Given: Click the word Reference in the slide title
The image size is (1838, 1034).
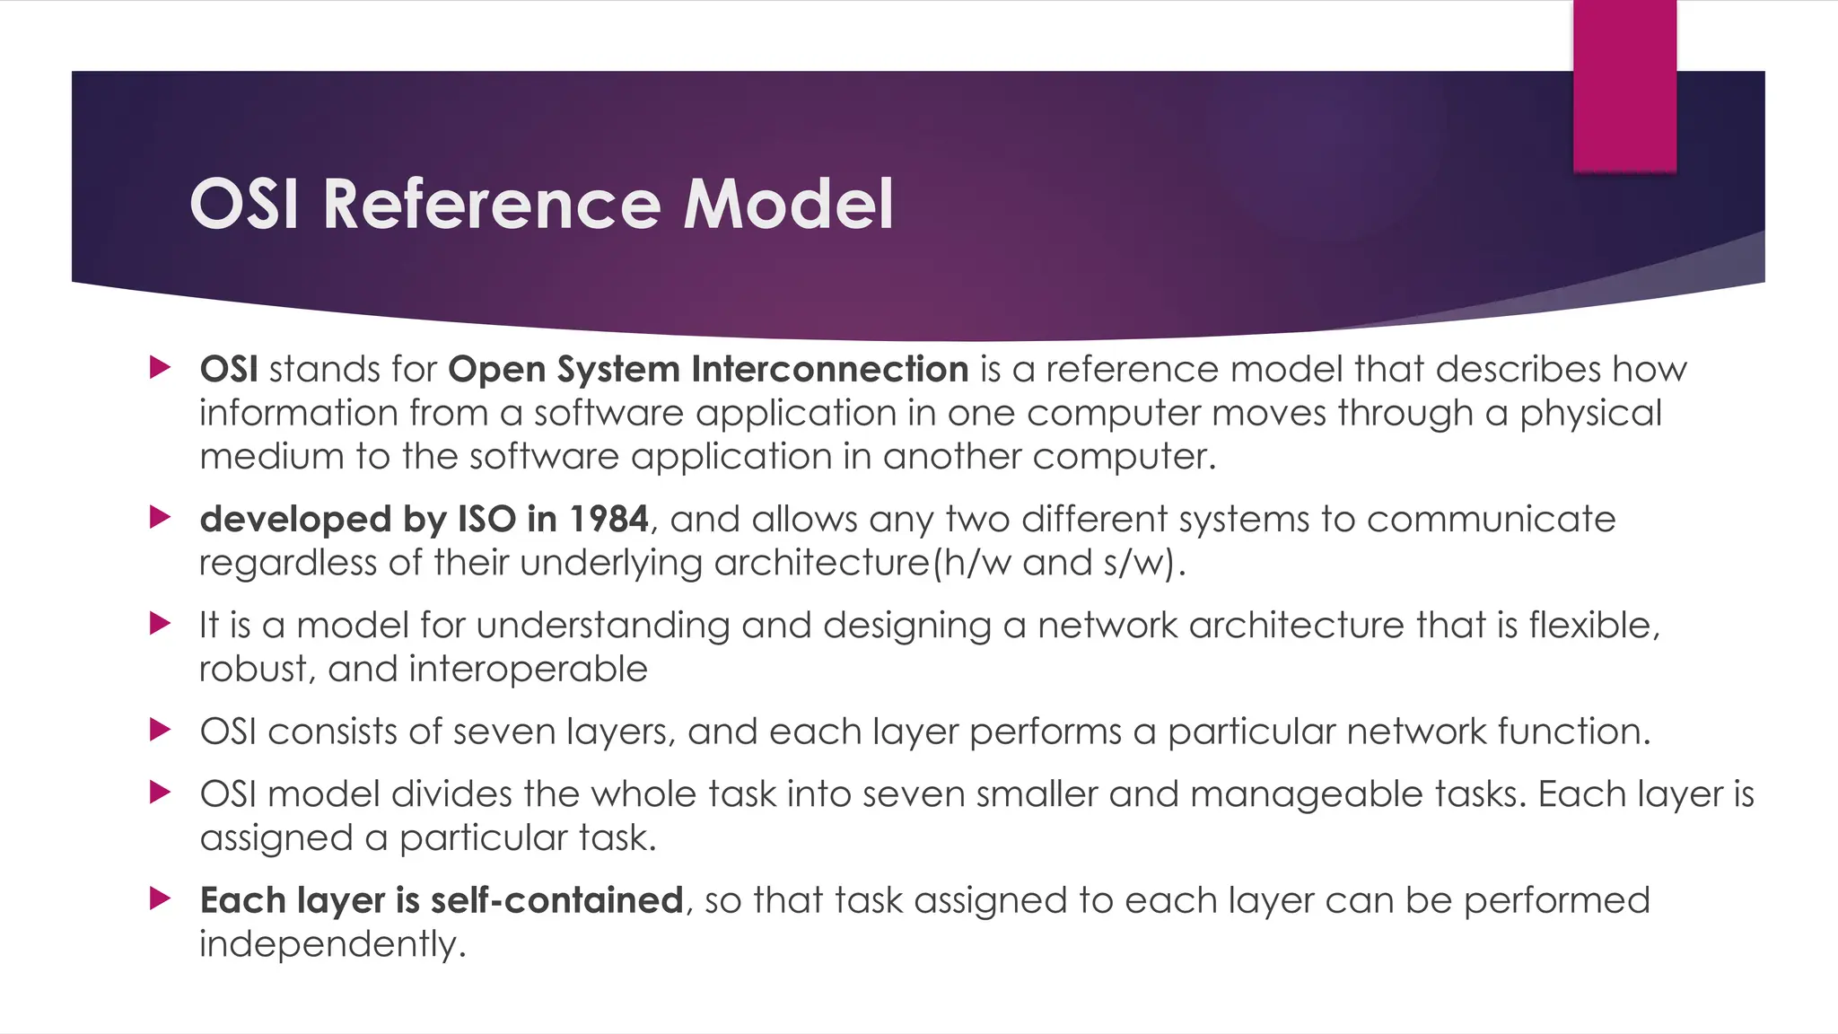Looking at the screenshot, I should coord(492,204).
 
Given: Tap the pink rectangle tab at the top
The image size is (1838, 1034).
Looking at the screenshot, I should coord(1624,86).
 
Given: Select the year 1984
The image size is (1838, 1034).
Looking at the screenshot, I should coord(608,519).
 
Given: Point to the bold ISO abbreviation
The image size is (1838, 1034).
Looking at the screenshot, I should coord(487,519).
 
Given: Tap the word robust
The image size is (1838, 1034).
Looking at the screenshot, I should coord(253,669).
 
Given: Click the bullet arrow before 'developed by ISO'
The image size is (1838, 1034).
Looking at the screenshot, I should coord(161,517).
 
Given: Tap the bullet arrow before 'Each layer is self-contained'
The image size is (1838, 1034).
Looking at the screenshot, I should coord(161,898).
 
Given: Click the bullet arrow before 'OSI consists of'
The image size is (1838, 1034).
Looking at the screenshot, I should coord(161,730).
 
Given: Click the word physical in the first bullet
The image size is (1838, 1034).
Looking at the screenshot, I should coord(1590,414).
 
